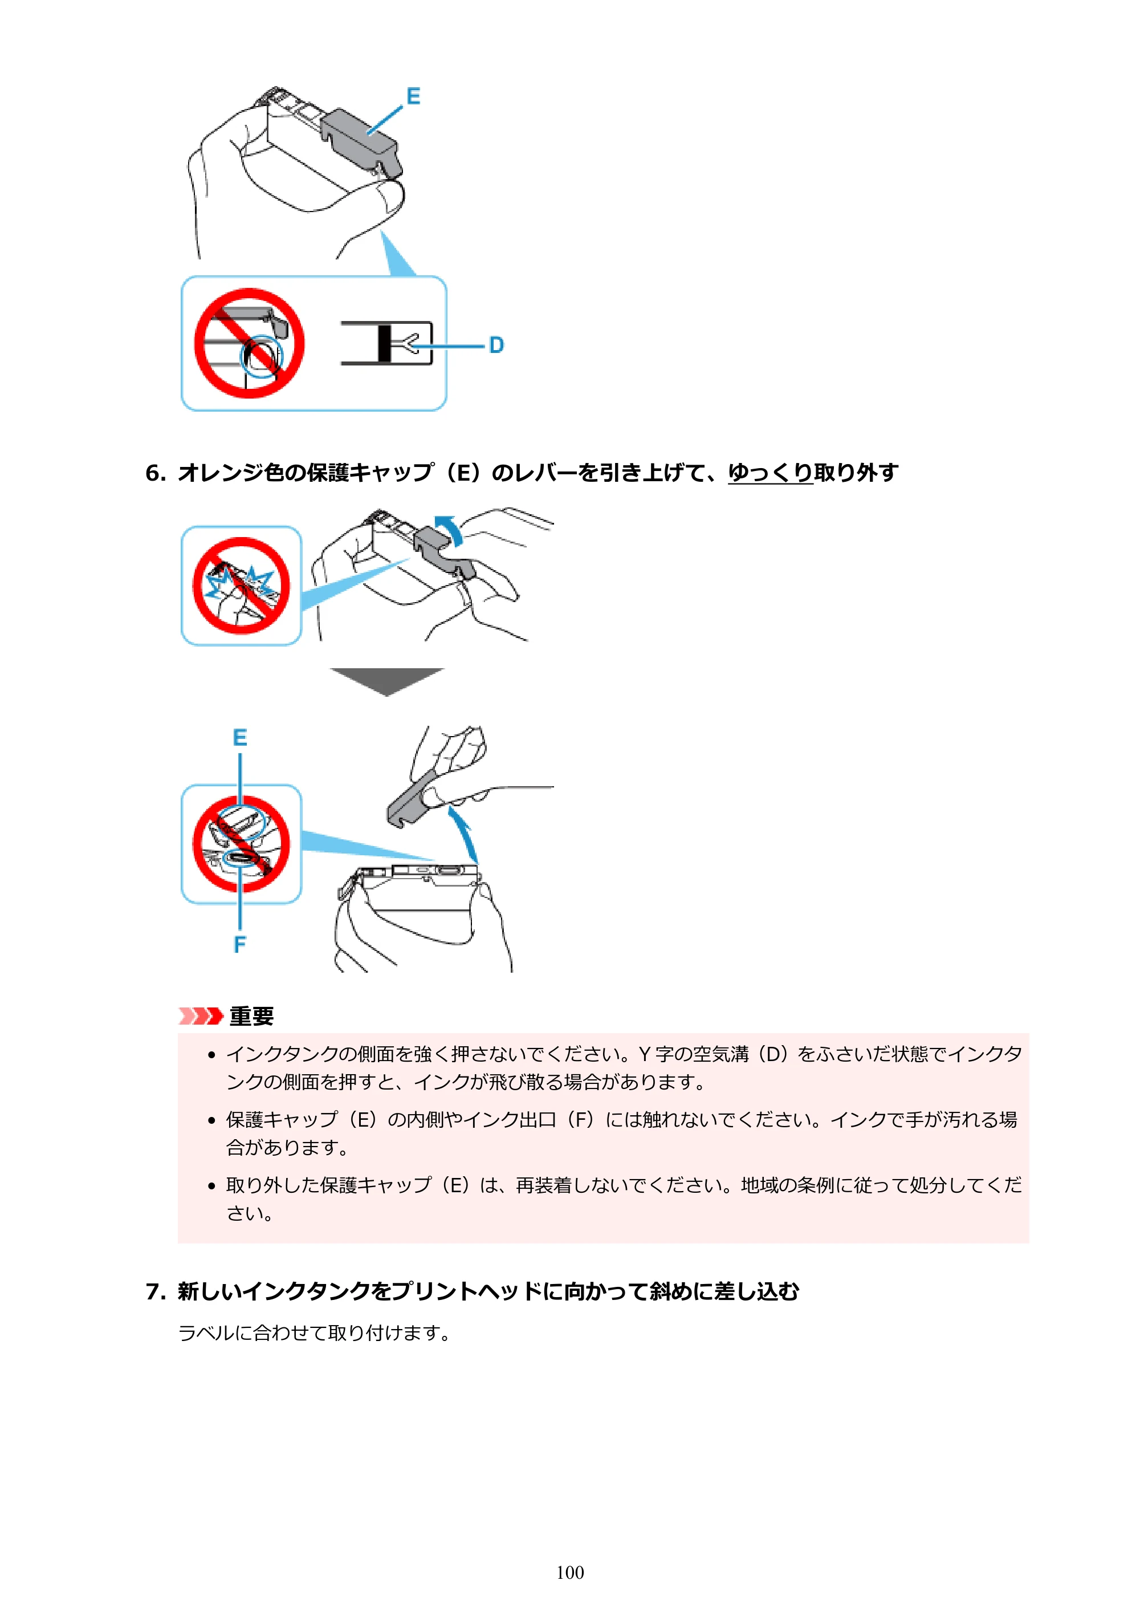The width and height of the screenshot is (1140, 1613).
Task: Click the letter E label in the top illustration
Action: click(413, 96)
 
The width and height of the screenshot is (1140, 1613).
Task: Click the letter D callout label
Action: click(496, 345)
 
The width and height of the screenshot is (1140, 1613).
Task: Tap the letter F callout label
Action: click(240, 944)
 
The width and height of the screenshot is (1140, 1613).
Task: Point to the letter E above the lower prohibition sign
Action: click(240, 738)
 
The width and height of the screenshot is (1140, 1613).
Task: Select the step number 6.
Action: click(154, 473)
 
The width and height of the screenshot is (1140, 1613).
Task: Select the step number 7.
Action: click(154, 1291)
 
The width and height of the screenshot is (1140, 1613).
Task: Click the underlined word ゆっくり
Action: click(770, 473)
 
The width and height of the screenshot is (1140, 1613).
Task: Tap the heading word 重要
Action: click(251, 1016)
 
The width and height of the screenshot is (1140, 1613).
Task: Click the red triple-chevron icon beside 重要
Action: click(201, 1016)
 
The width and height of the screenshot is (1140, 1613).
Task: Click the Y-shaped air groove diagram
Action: click(386, 344)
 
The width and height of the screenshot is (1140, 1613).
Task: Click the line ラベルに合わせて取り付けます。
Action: click(315, 1332)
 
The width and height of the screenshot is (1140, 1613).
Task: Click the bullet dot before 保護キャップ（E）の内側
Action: click(211, 1120)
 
